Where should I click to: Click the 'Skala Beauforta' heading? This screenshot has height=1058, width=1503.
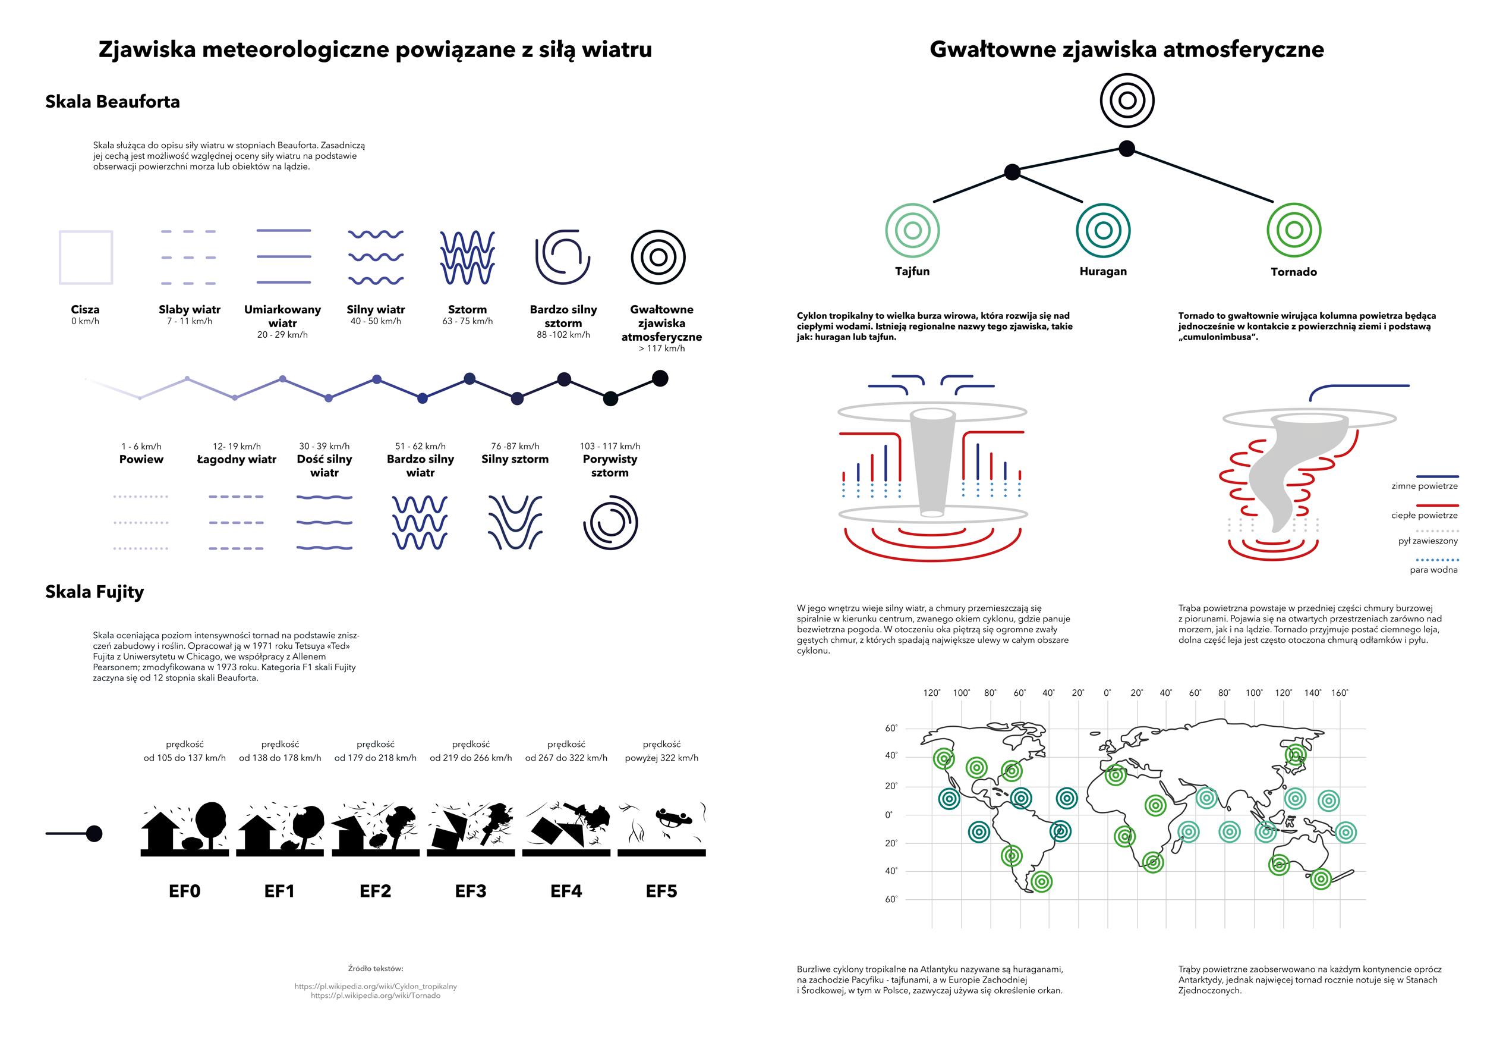[x=112, y=102]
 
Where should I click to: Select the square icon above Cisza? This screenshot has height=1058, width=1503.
[x=86, y=257]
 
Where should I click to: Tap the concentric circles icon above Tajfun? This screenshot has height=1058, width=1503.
[x=912, y=230]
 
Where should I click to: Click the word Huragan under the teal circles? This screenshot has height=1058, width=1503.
[x=1103, y=271]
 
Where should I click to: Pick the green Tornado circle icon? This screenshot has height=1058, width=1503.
[x=1294, y=230]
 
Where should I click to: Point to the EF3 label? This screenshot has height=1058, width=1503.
[x=471, y=891]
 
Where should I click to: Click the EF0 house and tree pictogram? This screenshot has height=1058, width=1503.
[x=185, y=828]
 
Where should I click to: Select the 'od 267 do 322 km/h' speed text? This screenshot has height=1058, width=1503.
[x=566, y=758]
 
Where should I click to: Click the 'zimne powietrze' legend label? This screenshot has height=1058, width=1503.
[x=1425, y=486]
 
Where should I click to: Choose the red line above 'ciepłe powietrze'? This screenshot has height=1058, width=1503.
[x=1437, y=506]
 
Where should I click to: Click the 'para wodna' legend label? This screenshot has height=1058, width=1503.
[x=1433, y=570]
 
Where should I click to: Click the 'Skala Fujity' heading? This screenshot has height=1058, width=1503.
[x=94, y=592]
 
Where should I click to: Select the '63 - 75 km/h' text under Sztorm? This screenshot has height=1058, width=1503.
[x=467, y=321]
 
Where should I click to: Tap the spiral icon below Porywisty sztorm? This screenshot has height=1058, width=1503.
[x=610, y=523]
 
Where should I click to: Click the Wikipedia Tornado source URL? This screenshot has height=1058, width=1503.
[x=376, y=996]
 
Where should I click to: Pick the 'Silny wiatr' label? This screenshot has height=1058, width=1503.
[x=376, y=309]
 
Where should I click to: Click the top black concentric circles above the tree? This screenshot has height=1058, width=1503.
[x=1127, y=101]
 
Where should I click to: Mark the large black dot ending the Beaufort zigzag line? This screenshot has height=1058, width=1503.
[x=660, y=378]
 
